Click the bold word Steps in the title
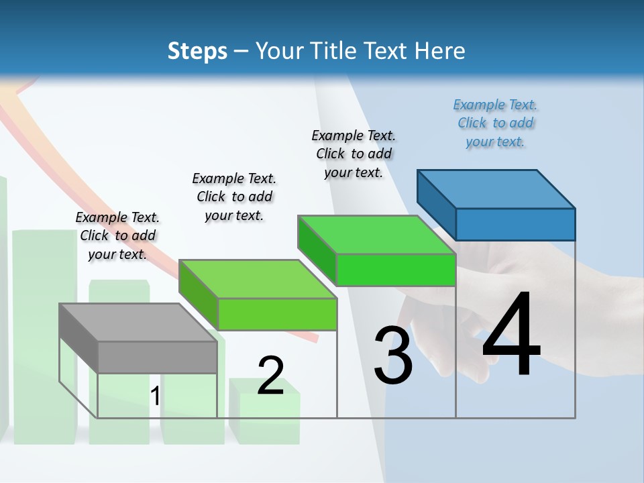pos(197,52)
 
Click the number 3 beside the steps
pos(393,355)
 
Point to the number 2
pos(270,375)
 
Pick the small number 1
pos(155,396)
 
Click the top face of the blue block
pos(496,189)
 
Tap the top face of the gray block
pos(138,323)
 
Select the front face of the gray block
pos(158,358)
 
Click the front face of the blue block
pos(515,224)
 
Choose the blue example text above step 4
pos(495,123)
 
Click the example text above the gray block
pos(117,236)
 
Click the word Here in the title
pos(441,51)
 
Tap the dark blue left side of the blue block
pos(436,201)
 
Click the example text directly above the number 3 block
pos(354,154)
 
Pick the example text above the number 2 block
pos(234,197)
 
